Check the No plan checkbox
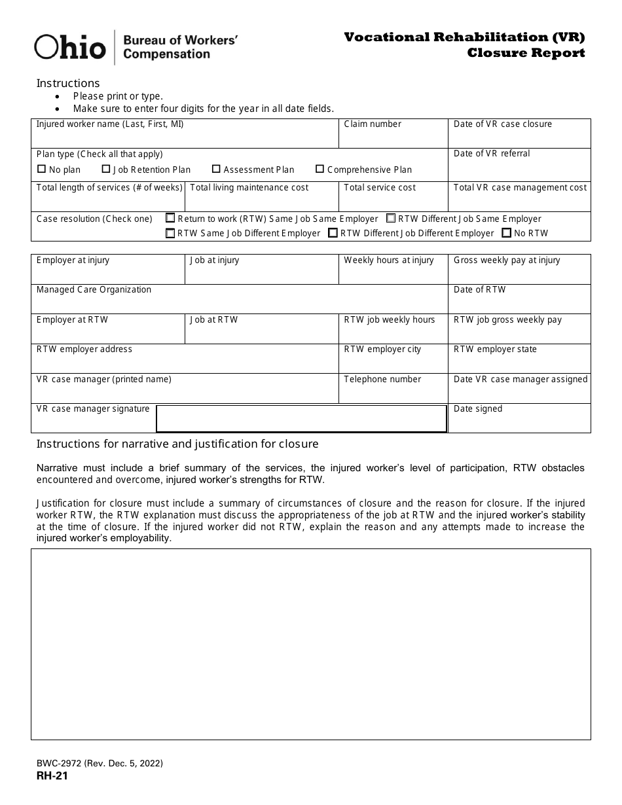(42, 170)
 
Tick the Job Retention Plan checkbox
(106, 170)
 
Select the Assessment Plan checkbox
(216, 170)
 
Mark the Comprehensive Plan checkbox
(320, 170)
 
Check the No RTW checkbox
(507, 233)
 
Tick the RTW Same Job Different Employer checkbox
(171, 233)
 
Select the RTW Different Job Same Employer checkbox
(391, 219)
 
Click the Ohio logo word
(70, 47)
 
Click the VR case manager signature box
(301, 419)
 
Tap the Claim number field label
(373, 124)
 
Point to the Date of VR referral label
(492, 154)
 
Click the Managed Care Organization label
(94, 290)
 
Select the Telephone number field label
(382, 380)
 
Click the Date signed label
(478, 409)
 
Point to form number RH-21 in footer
(52, 776)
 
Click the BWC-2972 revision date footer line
(100, 763)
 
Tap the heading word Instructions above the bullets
(68, 83)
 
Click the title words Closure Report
(526, 53)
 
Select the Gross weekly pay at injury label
(507, 260)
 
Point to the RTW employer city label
(382, 349)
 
